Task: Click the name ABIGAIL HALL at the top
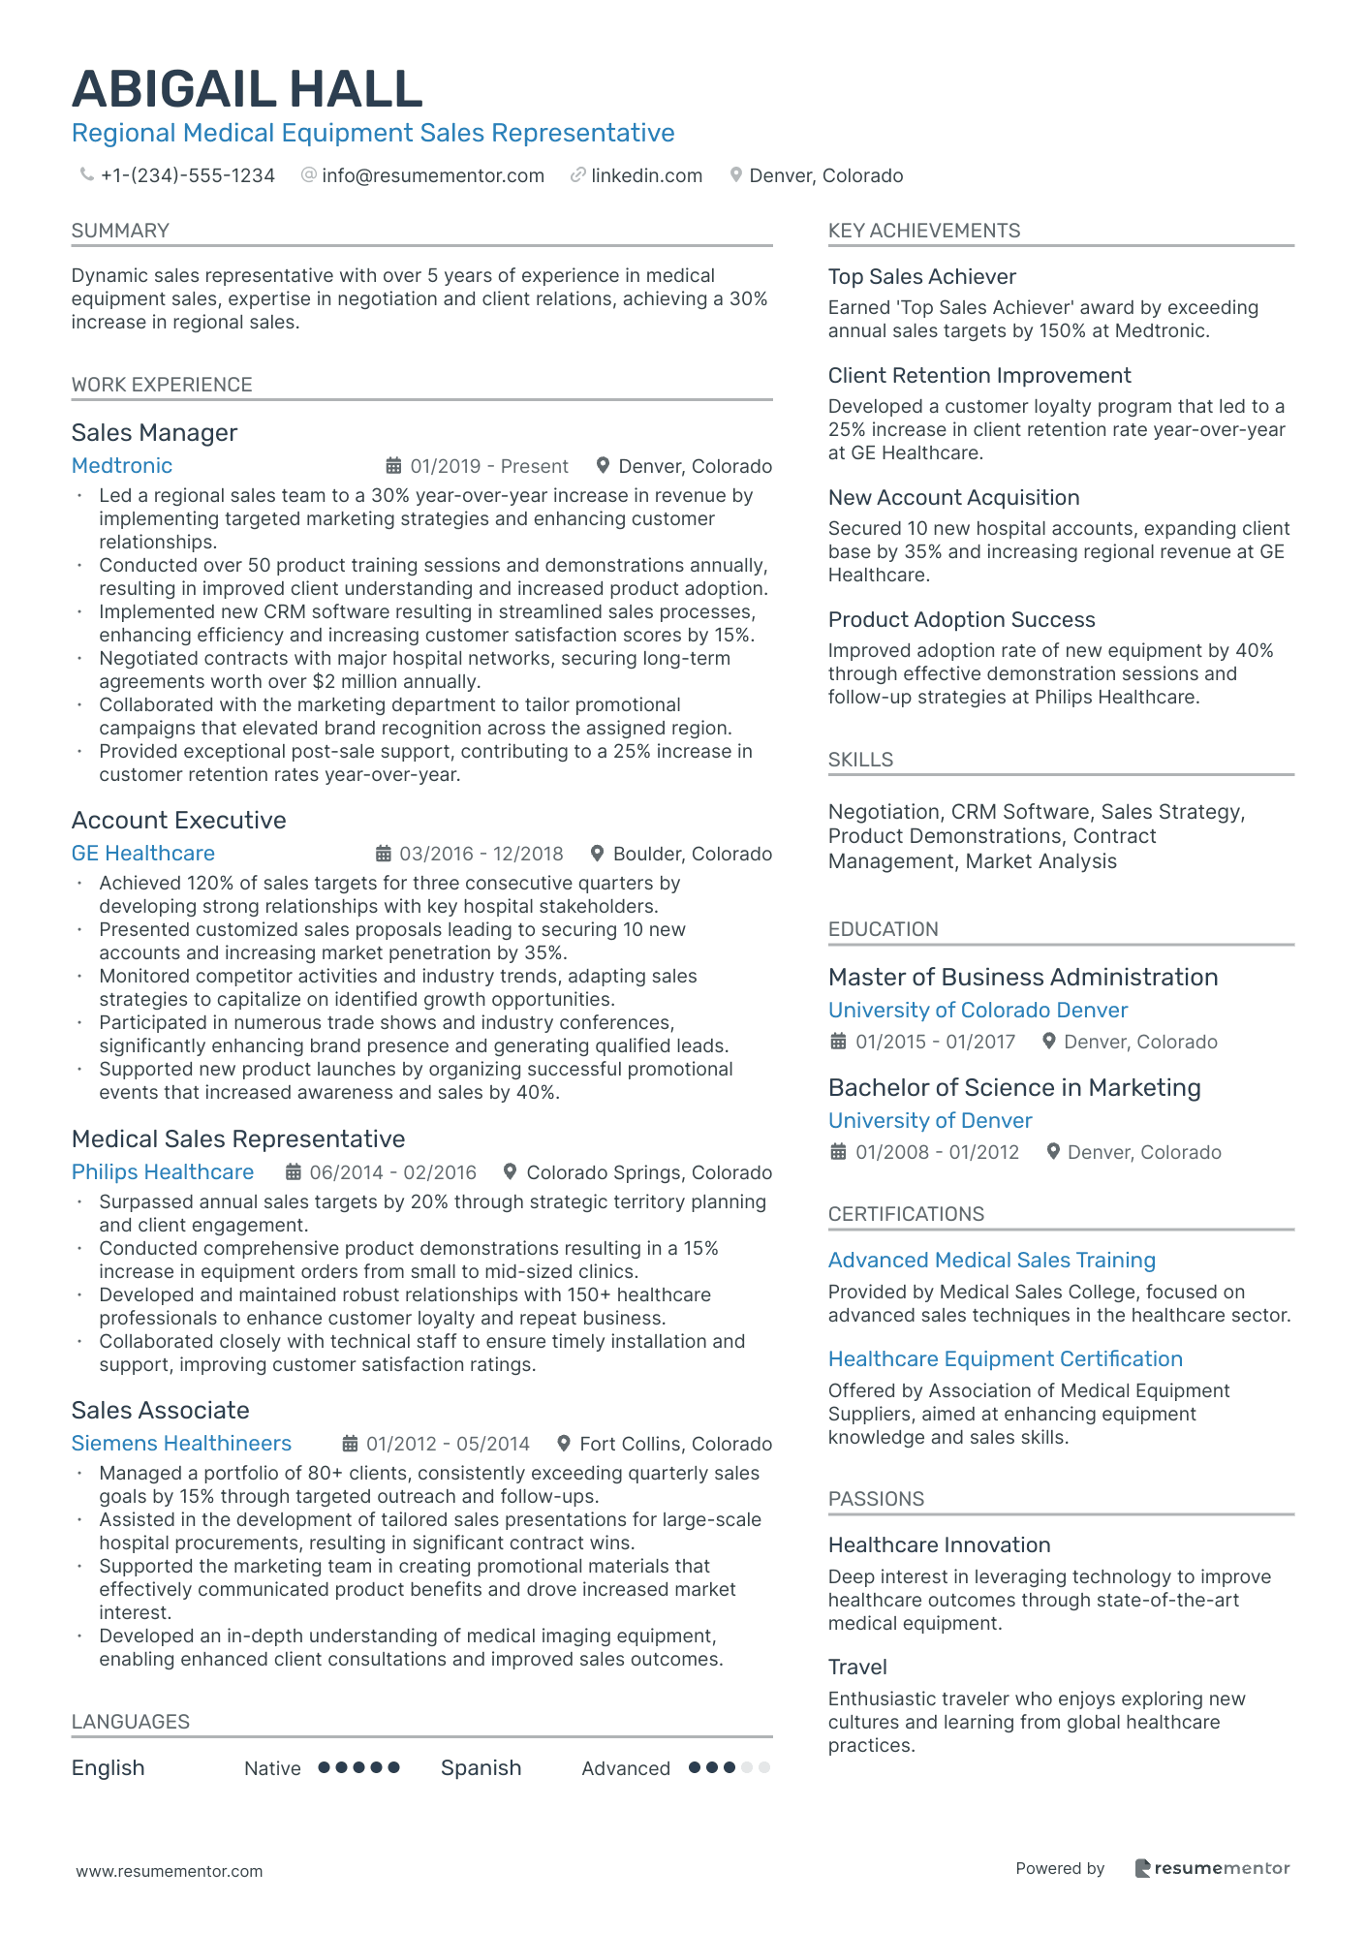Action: coord(247,89)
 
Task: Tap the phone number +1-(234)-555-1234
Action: coord(188,175)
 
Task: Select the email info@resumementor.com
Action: coord(433,175)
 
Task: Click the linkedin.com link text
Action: coord(646,175)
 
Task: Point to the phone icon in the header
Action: coord(86,175)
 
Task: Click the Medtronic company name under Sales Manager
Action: coord(122,466)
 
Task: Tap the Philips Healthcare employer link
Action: coord(163,1172)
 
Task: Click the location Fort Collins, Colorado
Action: coord(675,1444)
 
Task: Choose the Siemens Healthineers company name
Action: coord(181,1444)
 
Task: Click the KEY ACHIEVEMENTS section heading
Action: coord(923,231)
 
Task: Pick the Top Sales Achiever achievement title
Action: coord(921,277)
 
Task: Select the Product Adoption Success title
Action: coord(961,620)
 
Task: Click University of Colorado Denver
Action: coord(978,1011)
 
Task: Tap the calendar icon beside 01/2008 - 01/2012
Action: coord(839,1152)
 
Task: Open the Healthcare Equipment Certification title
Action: coord(1005,1359)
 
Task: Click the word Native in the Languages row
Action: coord(272,1768)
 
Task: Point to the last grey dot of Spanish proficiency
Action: coord(764,1767)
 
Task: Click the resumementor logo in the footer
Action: coord(1212,1868)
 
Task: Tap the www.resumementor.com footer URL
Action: coord(170,1871)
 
